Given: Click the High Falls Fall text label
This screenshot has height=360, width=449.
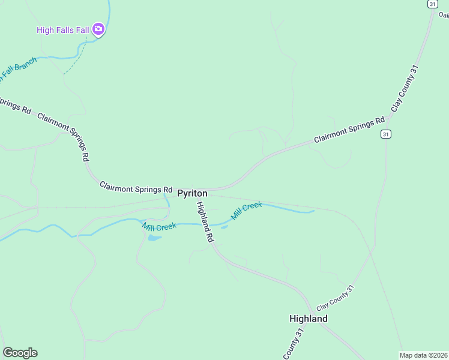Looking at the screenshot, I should pos(63,29).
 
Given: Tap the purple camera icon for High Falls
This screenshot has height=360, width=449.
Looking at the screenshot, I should pos(99,29).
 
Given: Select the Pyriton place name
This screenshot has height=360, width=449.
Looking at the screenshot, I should pos(192,193).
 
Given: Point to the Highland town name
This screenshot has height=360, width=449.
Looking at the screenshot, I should pos(308,319).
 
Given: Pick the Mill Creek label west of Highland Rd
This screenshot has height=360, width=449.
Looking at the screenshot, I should pos(159,227).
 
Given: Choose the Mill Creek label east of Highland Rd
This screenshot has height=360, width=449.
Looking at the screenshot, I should pos(247,211).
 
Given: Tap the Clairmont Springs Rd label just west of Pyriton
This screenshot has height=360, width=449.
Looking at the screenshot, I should pos(136,187).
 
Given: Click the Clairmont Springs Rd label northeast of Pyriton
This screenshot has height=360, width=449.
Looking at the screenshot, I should pos(349,130).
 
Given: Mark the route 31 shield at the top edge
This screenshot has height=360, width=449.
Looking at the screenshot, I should pos(432,4).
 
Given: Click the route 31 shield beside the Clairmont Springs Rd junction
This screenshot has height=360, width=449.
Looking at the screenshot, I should pos(385,134).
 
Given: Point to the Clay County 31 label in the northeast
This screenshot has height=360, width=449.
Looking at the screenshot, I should pos(404,88).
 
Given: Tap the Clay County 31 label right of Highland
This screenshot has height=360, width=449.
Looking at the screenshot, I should pos(336,297).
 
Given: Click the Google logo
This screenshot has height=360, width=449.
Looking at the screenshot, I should pos(20,352).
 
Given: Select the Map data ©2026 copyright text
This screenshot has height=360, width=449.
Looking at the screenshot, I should pos(423,355).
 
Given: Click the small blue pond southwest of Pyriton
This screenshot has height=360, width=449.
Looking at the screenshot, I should pos(154,238).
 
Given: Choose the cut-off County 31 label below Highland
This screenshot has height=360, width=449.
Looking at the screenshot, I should pos(294,344).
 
